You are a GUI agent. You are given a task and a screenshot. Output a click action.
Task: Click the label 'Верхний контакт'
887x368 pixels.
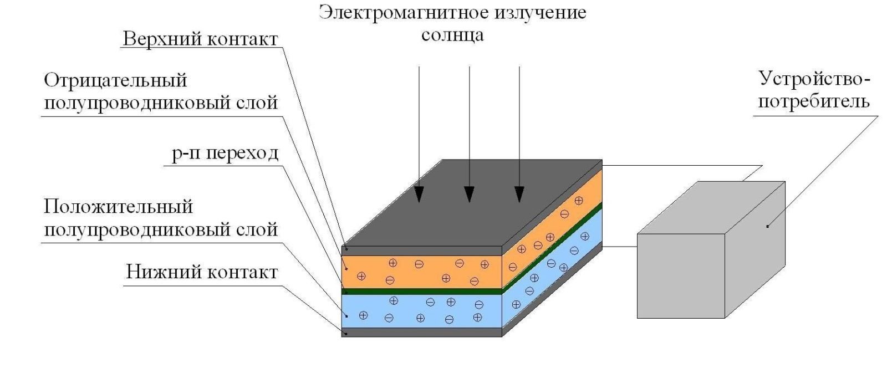point(200,39)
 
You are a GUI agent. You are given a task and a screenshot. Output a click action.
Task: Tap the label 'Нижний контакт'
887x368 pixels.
point(201,272)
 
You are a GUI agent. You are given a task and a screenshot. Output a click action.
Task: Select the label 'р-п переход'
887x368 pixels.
point(225,152)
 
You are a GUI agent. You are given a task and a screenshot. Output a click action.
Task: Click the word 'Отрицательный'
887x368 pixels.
point(115,80)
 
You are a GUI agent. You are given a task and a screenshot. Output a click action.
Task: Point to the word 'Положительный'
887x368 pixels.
point(118,207)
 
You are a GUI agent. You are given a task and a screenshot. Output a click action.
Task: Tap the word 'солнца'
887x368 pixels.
point(452,35)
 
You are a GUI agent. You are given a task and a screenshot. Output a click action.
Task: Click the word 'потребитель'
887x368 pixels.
point(813,102)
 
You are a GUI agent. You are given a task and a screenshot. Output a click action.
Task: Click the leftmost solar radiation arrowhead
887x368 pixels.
point(419,193)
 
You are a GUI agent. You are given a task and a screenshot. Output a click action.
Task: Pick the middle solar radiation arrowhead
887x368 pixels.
point(470,193)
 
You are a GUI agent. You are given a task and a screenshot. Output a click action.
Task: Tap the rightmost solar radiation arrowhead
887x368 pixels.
point(519,193)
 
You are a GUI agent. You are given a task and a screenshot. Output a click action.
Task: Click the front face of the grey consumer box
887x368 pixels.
point(681,275)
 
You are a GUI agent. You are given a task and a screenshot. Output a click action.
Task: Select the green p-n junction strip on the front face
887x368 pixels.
point(421,290)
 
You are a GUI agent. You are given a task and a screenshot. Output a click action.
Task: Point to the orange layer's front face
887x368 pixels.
point(421,272)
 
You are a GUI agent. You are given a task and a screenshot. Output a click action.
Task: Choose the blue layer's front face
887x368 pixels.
point(421,310)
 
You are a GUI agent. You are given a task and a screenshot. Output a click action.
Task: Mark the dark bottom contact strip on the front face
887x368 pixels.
point(421,332)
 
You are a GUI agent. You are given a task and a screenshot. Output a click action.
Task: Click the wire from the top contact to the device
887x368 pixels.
point(682,165)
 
